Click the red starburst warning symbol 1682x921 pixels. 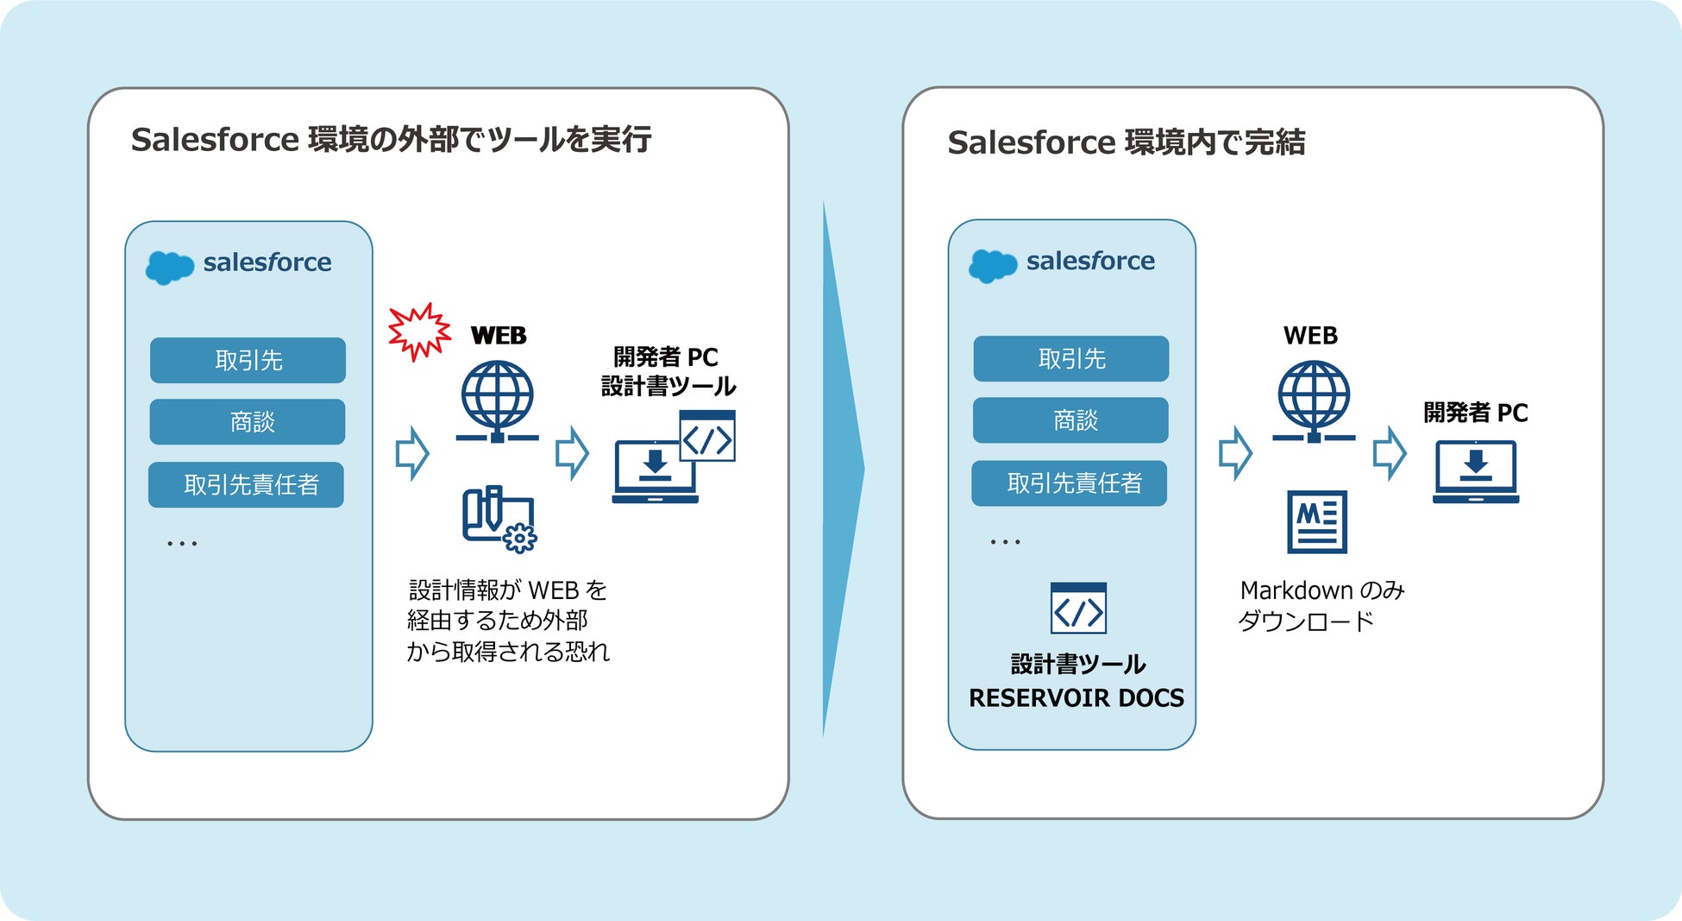pos(419,331)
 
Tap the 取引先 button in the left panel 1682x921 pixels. pos(248,360)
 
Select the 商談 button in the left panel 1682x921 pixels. pos(248,422)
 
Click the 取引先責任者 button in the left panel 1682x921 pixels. pos(247,485)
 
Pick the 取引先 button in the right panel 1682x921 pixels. pos(1071,358)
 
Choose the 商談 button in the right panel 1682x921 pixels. pos(1071,420)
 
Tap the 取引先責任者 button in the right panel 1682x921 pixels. pos(1070,483)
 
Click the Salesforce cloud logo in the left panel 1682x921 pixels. pos(169,267)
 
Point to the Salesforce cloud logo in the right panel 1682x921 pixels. pos(993,265)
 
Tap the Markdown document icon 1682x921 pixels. pos(1317,521)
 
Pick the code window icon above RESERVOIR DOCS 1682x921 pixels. pos(1078,609)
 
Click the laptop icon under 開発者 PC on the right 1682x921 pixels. pos(1476,471)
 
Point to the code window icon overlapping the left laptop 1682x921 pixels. pos(707,436)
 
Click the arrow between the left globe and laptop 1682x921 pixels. pos(572,453)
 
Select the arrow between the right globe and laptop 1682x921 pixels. pos(1389,453)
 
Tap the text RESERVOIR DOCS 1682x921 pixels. pos(1076,697)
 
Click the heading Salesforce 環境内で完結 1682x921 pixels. pos(1126,142)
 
